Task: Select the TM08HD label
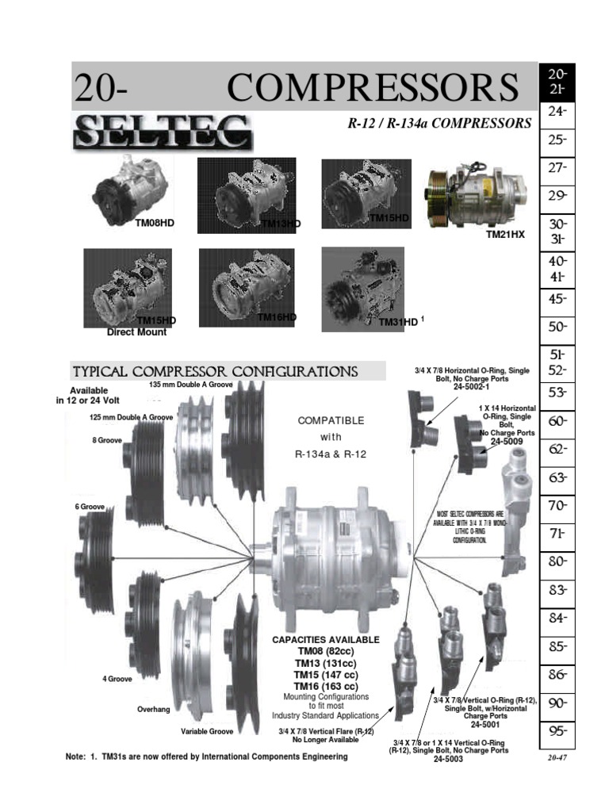(154, 224)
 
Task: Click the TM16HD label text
(277, 317)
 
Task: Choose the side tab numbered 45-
(557, 299)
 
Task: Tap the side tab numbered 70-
(557, 504)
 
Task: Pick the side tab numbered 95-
(557, 730)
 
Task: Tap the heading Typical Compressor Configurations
(215, 372)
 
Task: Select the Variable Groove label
(207, 731)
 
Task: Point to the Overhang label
(154, 709)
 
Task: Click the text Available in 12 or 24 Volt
(88, 396)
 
